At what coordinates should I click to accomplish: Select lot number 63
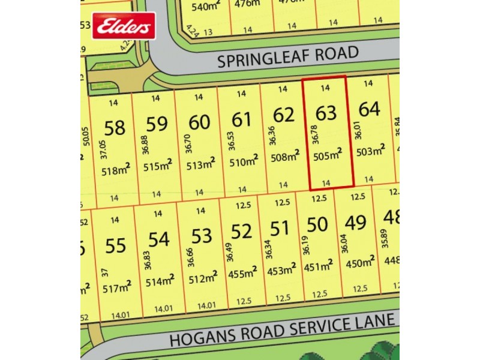coord(326,112)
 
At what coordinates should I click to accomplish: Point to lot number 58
coord(115,128)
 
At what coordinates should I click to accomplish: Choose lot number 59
coord(157,124)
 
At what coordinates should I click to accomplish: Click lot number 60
coord(199,122)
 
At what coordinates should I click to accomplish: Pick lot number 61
coord(241,119)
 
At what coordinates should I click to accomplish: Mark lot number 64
coord(369,110)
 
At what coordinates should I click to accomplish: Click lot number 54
coord(158,240)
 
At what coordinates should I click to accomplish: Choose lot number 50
coord(317,224)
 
